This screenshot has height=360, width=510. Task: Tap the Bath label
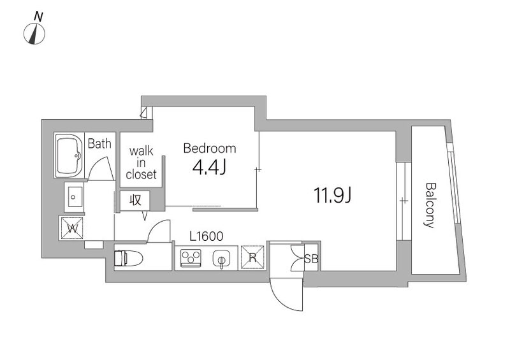pyautogui.click(x=99, y=143)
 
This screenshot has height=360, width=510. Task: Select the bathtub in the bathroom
pyautogui.click(x=69, y=155)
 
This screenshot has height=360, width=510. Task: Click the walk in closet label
pyautogui.click(x=141, y=162)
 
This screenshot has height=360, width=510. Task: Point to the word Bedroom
pyautogui.click(x=210, y=148)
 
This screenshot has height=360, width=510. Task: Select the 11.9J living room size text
pyautogui.click(x=332, y=196)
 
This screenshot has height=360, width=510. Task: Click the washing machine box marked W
pyautogui.click(x=72, y=228)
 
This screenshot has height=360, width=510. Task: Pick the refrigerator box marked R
pyautogui.click(x=252, y=257)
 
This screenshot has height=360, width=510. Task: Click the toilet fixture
pyautogui.click(x=129, y=259)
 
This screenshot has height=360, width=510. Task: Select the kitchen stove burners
pyautogui.click(x=191, y=258)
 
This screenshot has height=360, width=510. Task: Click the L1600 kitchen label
pyautogui.click(x=207, y=236)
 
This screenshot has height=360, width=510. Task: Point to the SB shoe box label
pyautogui.click(x=311, y=259)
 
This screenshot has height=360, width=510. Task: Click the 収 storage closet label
pyautogui.click(x=135, y=200)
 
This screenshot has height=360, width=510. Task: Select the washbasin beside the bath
pyautogui.click(x=74, y=197)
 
